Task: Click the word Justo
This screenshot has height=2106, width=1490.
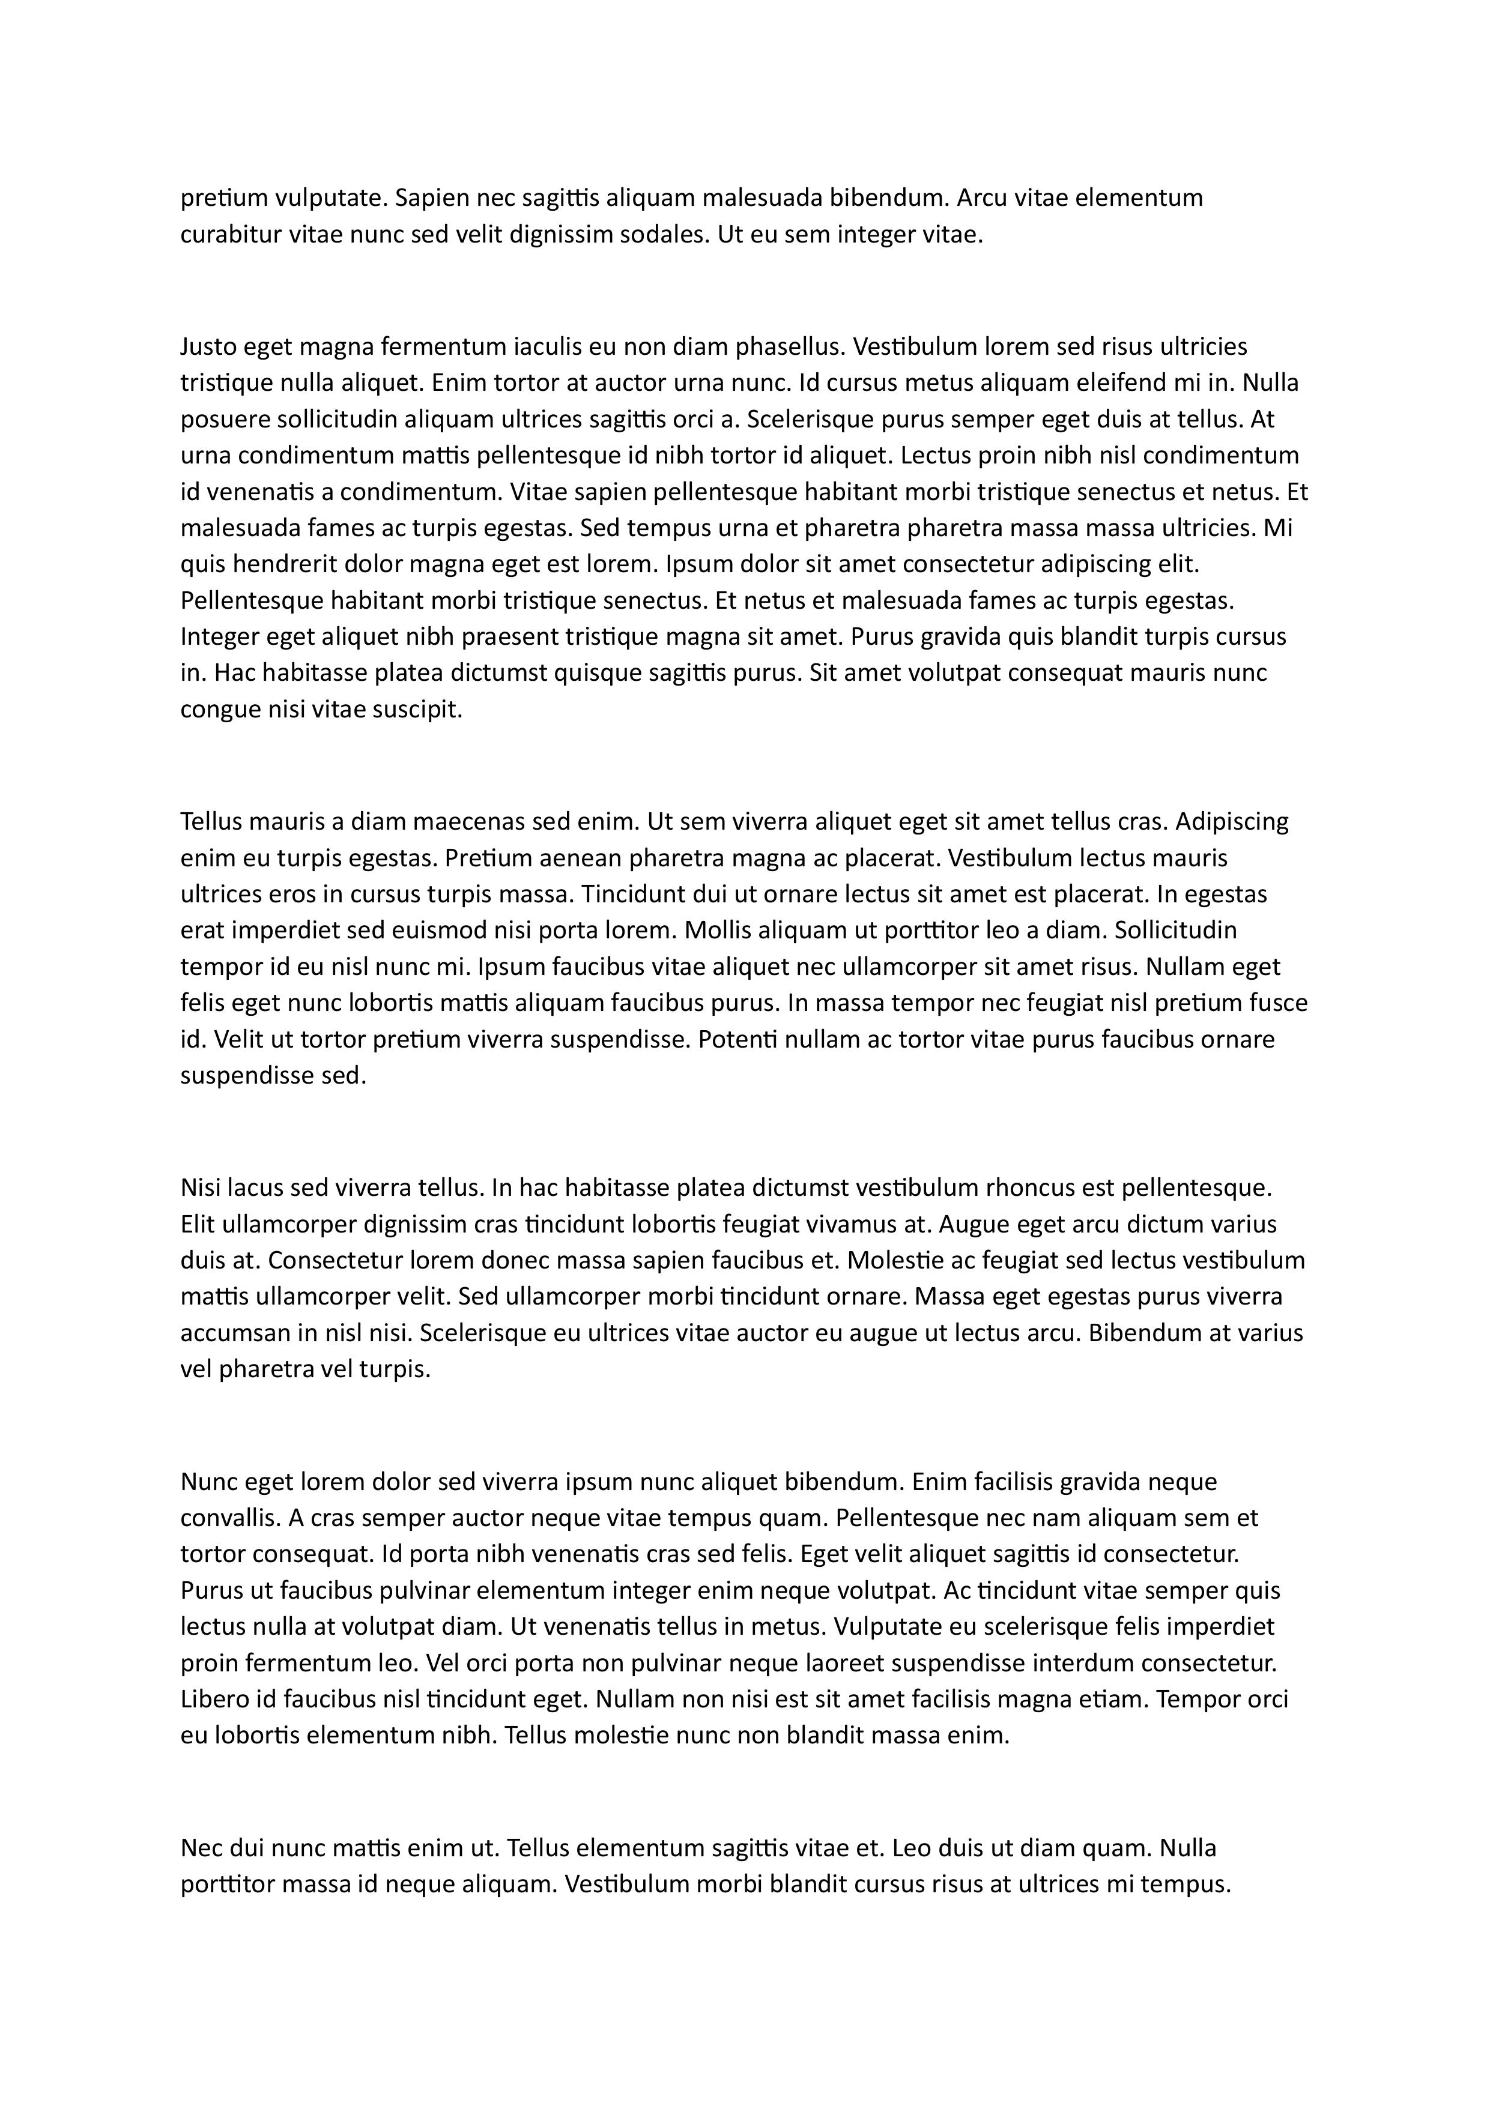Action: click(x=207, y=347)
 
